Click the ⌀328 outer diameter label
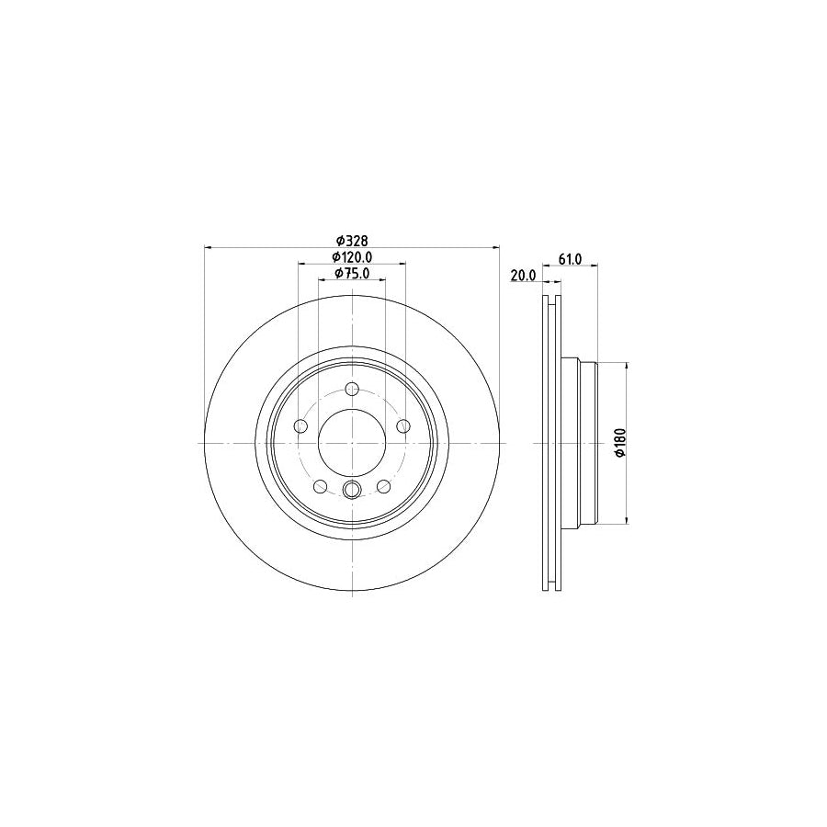coord(352,241)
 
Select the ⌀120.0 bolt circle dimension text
coord(352,257)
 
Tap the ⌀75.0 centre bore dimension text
coord(352,273)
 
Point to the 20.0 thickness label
coord(523,275)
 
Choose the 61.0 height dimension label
coord(570,259)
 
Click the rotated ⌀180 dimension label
coord(619,443)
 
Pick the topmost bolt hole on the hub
coord(352,390)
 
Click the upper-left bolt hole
coord(300,425)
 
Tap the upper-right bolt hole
coord(403,425)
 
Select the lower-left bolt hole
coord(320,486)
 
